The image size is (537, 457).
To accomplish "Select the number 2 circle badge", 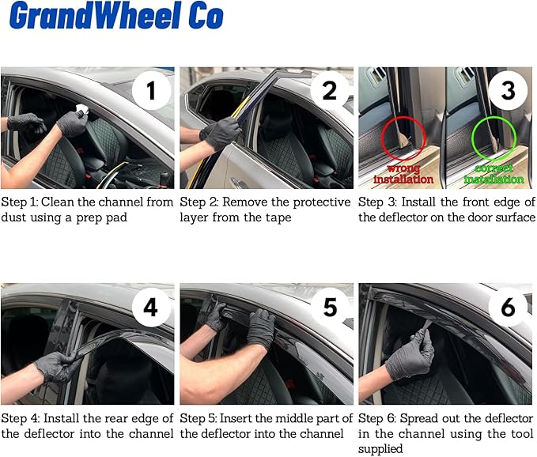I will pos(329,92).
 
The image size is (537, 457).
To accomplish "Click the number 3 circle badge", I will pos(508,92).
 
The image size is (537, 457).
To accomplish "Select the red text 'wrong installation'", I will pos(403,174).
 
